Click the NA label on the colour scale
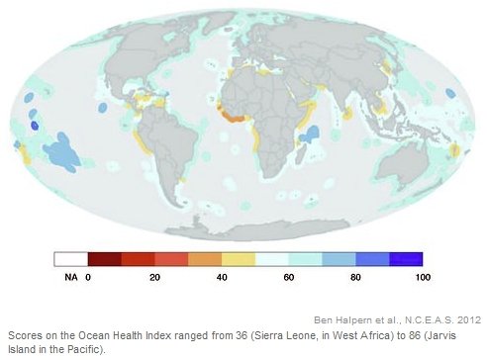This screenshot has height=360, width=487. (x=70, y=278)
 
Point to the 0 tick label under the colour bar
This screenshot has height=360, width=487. (x=88, y=278)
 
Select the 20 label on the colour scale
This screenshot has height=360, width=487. (x=155, y=278)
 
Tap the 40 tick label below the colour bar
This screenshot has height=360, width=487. (x=222, y=278)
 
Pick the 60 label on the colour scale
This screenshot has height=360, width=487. (x=289, y=278)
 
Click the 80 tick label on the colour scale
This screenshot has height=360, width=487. (x=356, y=278)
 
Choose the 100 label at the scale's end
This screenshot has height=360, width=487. (x=423, y=278)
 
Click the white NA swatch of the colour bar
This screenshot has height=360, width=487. (x=71, y=259)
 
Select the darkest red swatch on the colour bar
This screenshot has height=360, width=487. (x=105, y=259)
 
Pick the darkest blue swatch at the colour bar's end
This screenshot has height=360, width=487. (x=406, y=259)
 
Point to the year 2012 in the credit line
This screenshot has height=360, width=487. (x=466, y=318)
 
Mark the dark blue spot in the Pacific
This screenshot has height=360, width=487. (x=36, y=126)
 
